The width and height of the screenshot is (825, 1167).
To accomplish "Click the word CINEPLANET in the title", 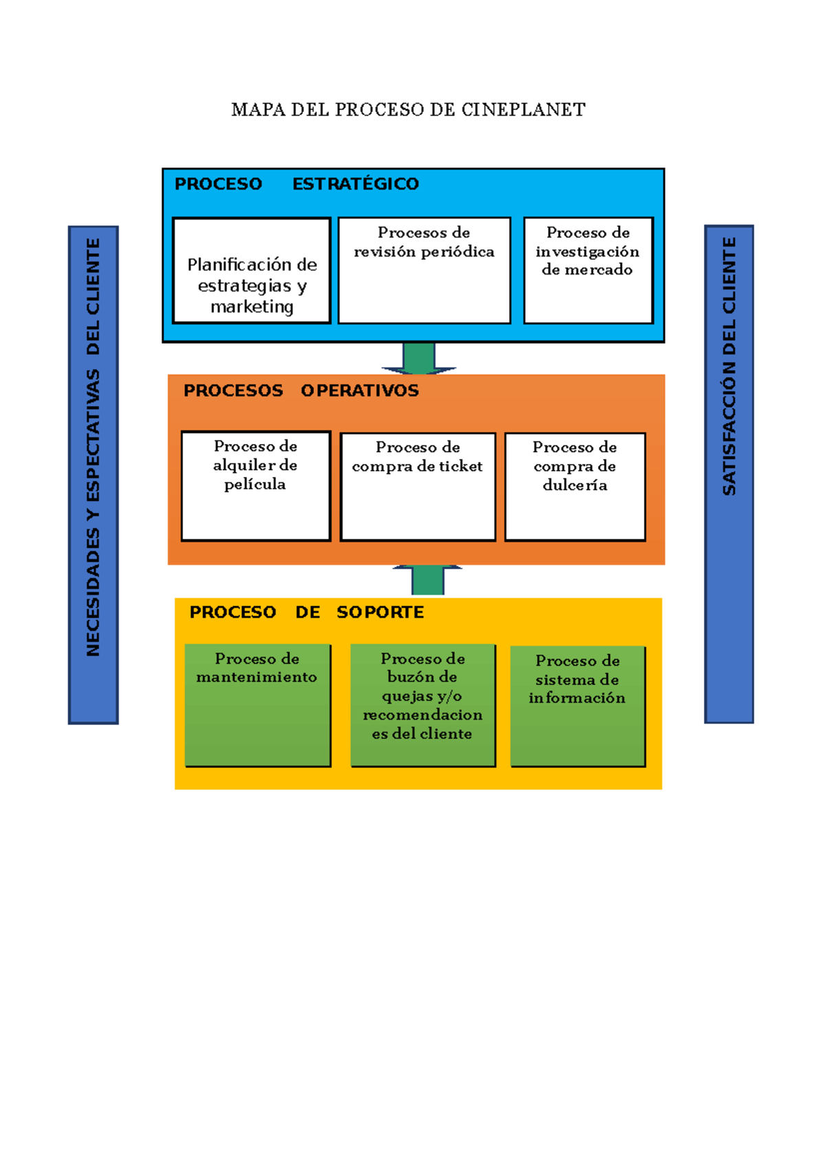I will point(523,110).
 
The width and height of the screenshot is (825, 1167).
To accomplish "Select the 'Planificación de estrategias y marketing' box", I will point(252,271).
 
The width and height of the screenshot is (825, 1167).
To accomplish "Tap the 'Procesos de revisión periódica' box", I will point(424,271).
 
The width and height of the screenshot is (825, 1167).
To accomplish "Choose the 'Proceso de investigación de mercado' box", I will point(588,271).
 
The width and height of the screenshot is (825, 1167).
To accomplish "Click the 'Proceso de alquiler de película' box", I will point(256,486).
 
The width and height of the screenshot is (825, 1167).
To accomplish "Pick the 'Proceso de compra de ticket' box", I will point(418,487).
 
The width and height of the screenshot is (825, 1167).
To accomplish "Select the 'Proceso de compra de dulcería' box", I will point(575,487).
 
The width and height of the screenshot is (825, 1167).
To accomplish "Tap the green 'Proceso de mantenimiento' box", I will point(258,705).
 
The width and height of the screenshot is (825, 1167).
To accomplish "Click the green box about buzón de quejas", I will point(423,705).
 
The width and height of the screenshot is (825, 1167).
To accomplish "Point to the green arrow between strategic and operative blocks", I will point(419,358).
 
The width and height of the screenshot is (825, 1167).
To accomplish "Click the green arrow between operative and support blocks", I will point(428,580).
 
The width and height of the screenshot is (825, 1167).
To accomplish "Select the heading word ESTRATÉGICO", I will point(355,184).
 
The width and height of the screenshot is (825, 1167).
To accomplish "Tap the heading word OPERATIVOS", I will point(360,391).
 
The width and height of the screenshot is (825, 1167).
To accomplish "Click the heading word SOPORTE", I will point(380,612).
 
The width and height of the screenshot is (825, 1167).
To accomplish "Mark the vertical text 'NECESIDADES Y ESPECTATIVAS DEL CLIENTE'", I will point(93,447).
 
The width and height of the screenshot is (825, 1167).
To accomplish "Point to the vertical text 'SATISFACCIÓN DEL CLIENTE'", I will point(729,366).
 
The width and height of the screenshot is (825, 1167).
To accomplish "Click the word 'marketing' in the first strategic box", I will point(252,307).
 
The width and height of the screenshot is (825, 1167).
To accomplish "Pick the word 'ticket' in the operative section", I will point(461,467).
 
